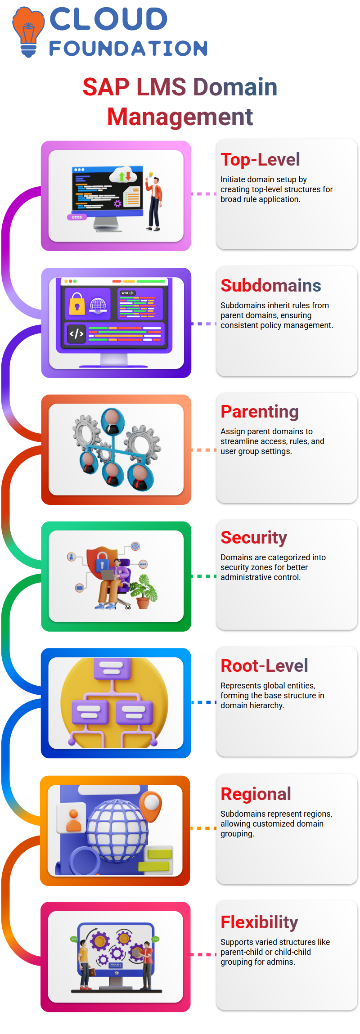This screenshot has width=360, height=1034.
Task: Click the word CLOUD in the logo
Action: tap(108, 19)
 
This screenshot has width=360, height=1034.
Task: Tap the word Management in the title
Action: tap(180, 117)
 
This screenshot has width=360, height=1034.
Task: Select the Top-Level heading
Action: tap(260, 160)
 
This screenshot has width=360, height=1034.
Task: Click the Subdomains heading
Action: tap(270, 286)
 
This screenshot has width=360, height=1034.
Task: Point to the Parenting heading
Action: tap(260, 412)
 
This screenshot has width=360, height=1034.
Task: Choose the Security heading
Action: tap(254, 538)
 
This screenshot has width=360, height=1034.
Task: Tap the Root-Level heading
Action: tap(264, 666)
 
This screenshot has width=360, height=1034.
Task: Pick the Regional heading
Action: tap(256, 794)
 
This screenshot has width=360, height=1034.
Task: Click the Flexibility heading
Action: tap(259, 922)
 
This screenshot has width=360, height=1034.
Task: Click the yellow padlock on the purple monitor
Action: tap(77, 304)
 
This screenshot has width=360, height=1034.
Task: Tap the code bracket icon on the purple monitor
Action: tap(76, 334)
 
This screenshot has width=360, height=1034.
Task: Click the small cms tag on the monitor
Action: tap(77, 217)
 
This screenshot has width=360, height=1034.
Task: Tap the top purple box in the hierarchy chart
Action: tap(112, 668)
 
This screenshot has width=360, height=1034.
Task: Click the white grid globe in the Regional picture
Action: tap(117, 830)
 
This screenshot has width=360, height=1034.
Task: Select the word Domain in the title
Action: tap(235, 87)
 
